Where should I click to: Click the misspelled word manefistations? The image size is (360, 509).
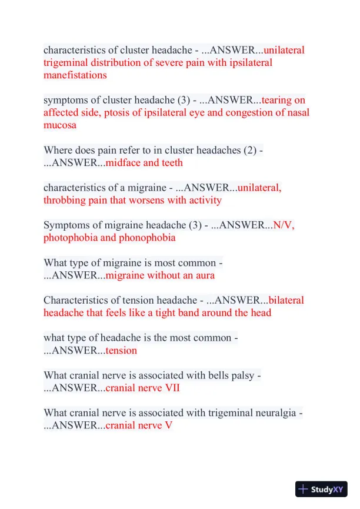pyautogui.click(x=75, y=75)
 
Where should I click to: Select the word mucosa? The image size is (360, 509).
pyautogui.click(x=59, y=125)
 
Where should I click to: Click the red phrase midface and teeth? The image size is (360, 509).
pyautogui.click(x=144, y=162)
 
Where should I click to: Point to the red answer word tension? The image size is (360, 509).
pyautogui.click(x=121, y=351)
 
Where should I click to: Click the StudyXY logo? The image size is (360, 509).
pyautogui.click(x=321, y=489)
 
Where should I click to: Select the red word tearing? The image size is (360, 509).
pyautogui.click(x=284, y=100)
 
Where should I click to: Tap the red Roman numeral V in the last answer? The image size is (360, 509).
pyautogui.click(x=168, y=425)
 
